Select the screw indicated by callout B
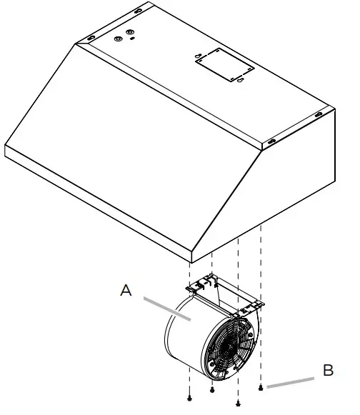click(x=262, y=388)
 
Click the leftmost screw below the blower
click(x=189, y=396)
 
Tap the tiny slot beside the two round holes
click(x=133, y=40)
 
